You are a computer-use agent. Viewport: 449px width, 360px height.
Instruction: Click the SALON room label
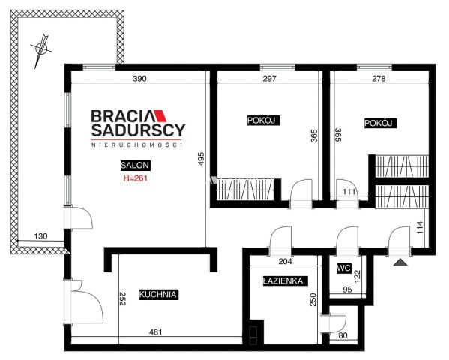(136, 165)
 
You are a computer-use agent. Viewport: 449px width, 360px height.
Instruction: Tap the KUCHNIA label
(159, 294)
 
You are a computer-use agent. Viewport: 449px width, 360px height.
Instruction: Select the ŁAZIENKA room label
(285, 281)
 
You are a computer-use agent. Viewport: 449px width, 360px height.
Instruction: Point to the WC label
(344, 268)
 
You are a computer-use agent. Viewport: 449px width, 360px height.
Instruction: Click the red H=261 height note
(136, 178)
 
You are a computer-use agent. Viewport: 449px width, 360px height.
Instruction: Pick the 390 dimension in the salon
(139, 78)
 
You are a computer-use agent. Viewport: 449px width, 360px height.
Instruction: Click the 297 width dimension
(269, 78)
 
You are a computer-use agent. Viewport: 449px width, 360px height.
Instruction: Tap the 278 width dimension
(379, 78)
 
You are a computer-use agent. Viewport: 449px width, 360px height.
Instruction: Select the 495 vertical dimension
(201, 158)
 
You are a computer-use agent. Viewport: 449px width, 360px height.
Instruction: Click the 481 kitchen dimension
(156, 332)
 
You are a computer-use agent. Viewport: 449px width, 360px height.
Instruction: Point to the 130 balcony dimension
(41, 236)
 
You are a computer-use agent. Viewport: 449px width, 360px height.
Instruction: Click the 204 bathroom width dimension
(285, 261)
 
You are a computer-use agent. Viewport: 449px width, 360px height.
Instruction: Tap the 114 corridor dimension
(420, 227)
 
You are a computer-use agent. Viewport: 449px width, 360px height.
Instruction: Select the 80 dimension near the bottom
(343, 335)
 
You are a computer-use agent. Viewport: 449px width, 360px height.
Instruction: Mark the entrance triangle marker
(400, 262)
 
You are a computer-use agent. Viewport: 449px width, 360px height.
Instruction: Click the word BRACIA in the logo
(123, 116)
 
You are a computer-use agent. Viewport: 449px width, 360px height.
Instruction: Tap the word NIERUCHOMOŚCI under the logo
(137, 145)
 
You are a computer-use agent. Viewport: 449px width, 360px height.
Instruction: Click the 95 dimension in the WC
(347, 289)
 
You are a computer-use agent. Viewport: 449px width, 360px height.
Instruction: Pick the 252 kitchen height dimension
(122, 298)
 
